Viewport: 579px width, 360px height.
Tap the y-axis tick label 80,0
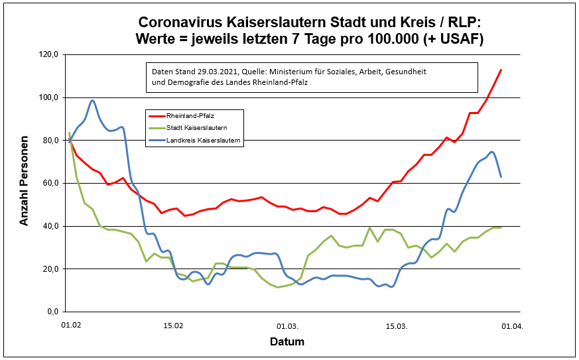[x=51, y=141]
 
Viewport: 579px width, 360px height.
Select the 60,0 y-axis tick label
[x=51, y=183]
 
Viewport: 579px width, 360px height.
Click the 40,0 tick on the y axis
[x=51, y=226]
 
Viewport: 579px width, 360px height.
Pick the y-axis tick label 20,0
[x=51, y=269]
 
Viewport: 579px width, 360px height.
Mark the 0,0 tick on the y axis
[x=53, y=312]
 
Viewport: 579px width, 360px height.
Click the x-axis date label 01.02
[x=70, y=326]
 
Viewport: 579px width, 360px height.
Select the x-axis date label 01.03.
[x=288, y=326]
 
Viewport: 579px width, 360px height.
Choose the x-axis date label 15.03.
[x=397, y=326]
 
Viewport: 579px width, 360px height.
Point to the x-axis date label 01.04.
[x=512, y=326]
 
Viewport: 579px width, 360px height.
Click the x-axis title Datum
[x=287, y=343]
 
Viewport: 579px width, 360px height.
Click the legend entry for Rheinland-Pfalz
[x=185, y=115]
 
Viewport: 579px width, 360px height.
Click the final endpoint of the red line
[x=501, y=70]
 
